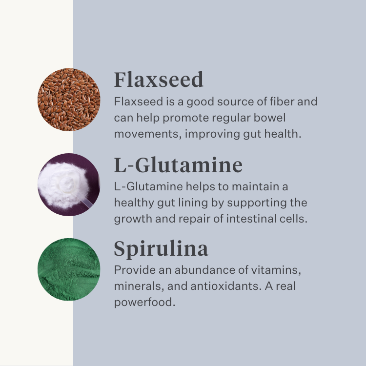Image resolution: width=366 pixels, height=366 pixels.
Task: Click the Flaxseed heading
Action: (159, 80)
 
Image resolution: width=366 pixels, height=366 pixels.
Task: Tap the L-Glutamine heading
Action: (178, 165)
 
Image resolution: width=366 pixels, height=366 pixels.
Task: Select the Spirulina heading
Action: (161, 249)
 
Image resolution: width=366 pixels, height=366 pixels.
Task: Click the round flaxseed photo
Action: (69, 100)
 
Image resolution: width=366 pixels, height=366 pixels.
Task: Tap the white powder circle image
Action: (69, 184)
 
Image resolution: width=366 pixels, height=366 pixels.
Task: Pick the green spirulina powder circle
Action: (69, 269)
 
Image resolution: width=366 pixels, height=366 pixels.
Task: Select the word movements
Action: (148, 134)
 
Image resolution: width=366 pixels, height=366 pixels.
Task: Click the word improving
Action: (212, 134)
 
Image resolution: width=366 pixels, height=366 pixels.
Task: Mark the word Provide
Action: (135, 270)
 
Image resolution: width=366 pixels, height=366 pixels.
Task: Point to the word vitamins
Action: (276, 270)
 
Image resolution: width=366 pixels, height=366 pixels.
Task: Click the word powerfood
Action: (144, 302)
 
